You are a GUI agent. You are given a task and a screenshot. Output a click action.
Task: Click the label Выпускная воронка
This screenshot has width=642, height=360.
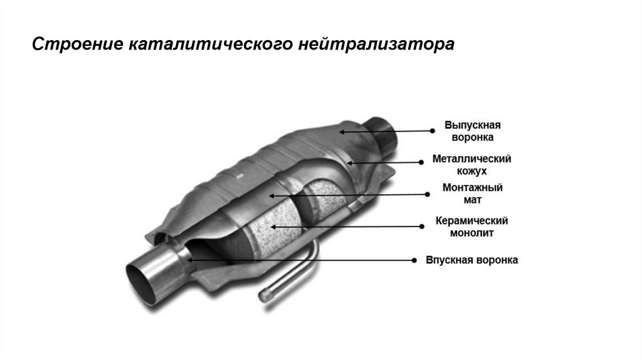(472, 130)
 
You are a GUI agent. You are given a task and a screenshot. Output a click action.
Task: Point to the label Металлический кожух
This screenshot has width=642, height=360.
(472, 164)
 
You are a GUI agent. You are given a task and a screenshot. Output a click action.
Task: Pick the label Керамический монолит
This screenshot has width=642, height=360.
(471, 227)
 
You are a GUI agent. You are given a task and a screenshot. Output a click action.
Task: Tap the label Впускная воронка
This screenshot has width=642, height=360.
(472, 260)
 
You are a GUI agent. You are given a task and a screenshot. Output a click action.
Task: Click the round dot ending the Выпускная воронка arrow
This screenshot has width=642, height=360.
(432, 131)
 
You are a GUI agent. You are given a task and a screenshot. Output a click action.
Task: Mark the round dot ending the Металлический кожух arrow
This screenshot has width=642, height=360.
(420, 163)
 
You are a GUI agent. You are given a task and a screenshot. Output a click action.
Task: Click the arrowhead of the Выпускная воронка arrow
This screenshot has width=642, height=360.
(340, 131)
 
